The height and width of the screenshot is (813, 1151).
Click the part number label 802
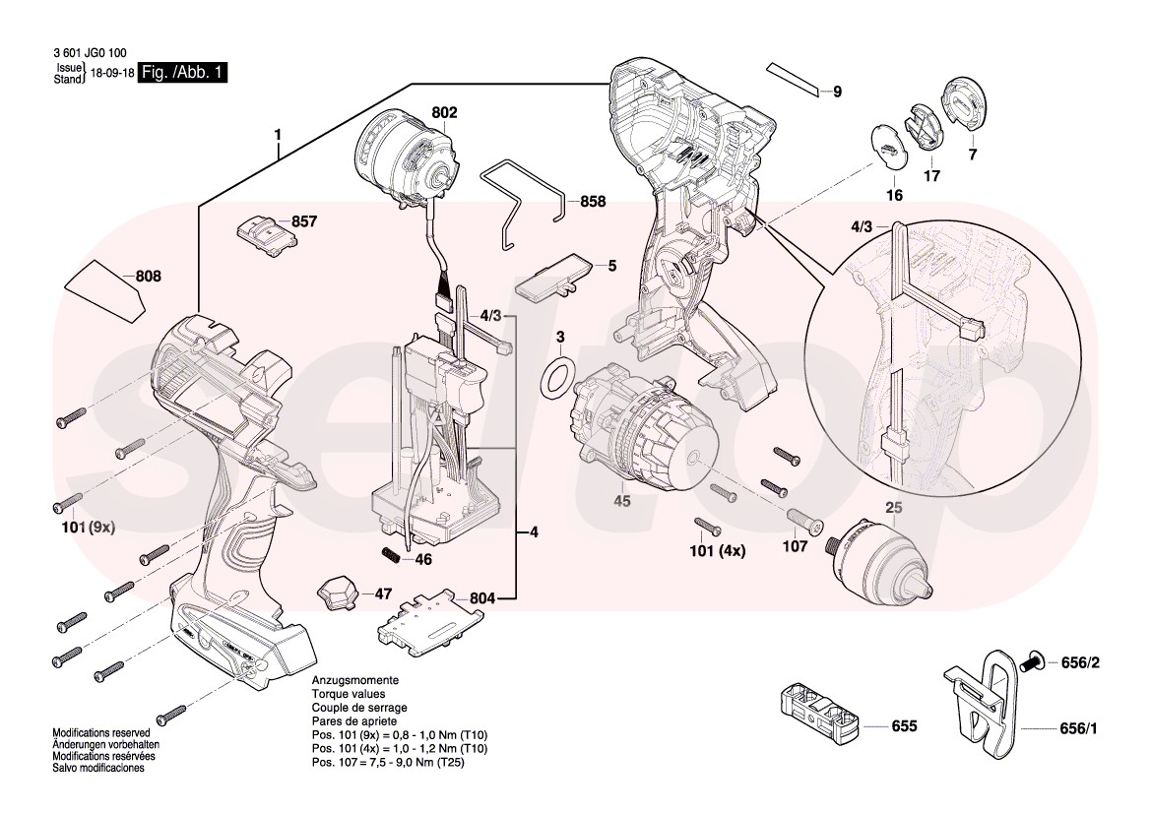(x=444, y=113)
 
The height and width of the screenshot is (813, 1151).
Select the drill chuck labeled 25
(x=878, y=557)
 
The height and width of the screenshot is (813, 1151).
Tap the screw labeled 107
(x=803, y=519)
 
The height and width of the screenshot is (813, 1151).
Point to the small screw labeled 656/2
(x=1033, y=663)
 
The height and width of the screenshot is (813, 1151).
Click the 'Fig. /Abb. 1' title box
(x=183, y=73)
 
